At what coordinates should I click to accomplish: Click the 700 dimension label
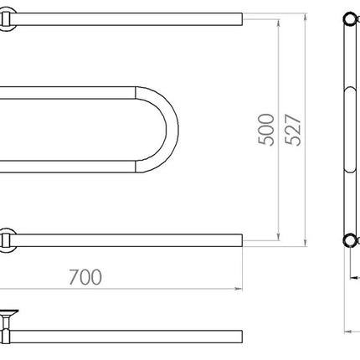(85, 277)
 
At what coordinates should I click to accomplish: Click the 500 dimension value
(266, 130)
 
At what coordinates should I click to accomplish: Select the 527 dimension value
(293, 130)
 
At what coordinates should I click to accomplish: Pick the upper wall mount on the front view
(6, 19)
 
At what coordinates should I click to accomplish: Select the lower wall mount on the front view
(6, 240)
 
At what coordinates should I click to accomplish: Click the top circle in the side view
(349, 19)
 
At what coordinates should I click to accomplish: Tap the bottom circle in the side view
(349, 240)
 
